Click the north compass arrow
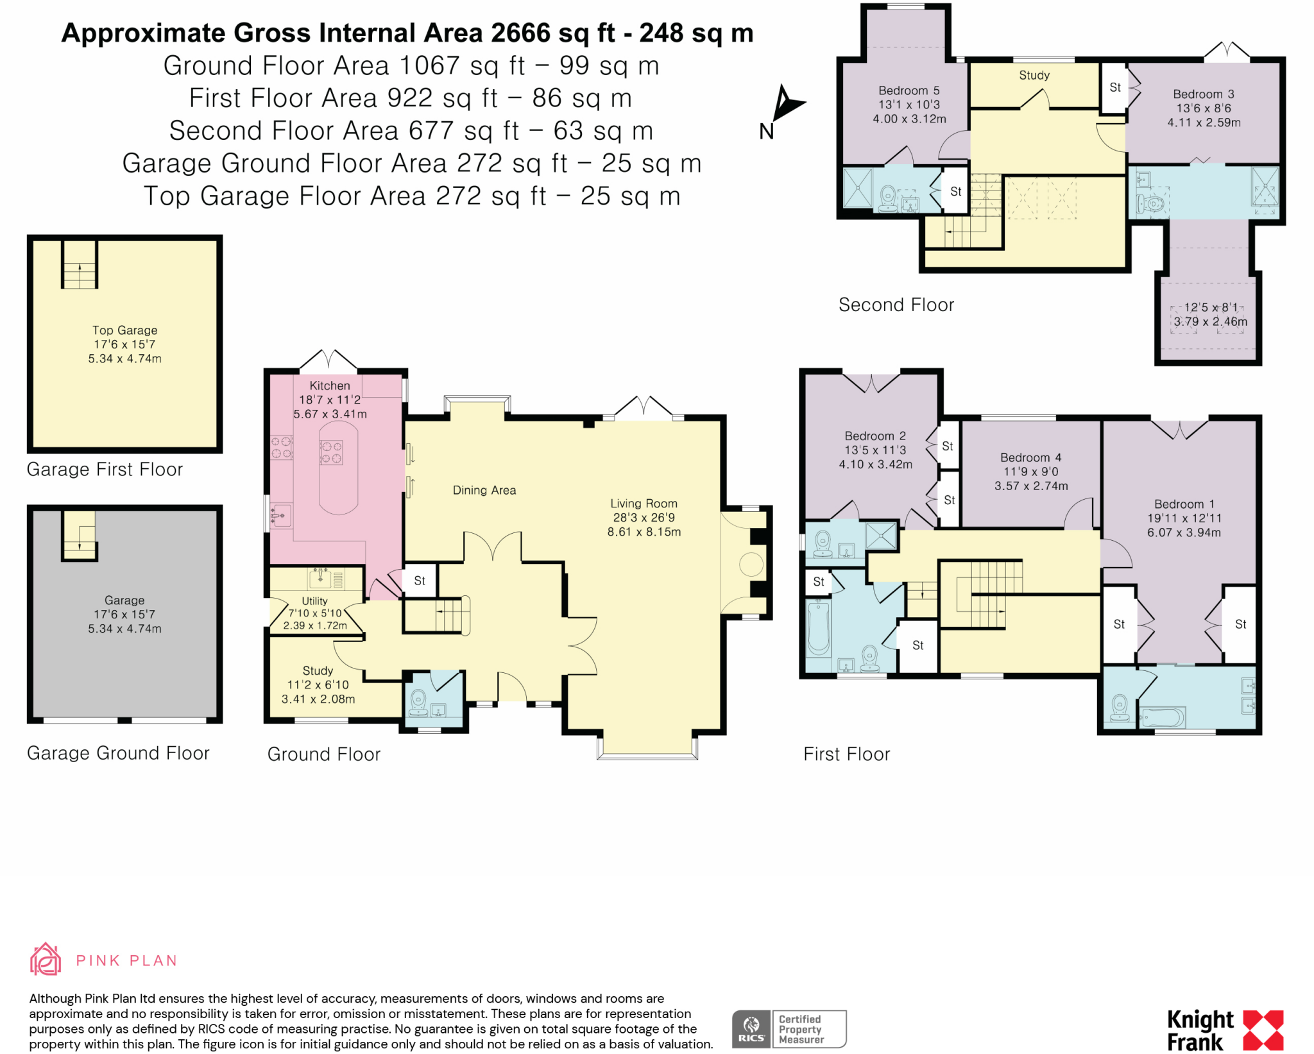[x=785, y=103]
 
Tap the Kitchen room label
[x=330, y=386]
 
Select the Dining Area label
[x=484, y=490]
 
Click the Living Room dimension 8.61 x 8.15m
[x=644, y=532]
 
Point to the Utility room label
[x=314, y=601]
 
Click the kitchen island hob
[x=331, y=452]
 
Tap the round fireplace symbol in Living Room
[x=751, y=565]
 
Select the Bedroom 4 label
[x=1030, y=457]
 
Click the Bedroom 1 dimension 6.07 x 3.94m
[x=1184, y=532]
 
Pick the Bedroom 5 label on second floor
[x=909, y=90]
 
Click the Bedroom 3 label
[x=1203, y=94]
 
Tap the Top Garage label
[x=124, y=330]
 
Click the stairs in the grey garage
[x=80, y=536]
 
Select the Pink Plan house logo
[x=46, y=960]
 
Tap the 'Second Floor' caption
[x=896, y=305]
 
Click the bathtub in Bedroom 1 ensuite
[x=1162, y=717]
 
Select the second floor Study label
[x=1034, y=75]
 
